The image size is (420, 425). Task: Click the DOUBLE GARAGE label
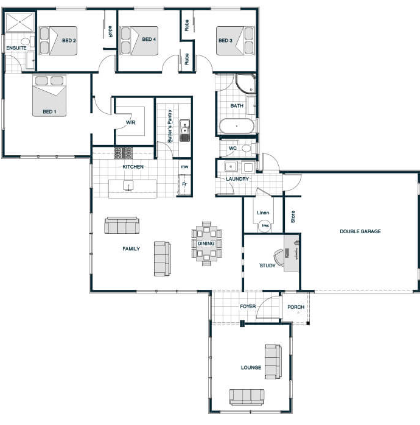(x=360, y=231)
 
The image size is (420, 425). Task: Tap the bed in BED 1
(x=49, y=96)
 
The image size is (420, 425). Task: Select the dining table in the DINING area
(x=206, y=243)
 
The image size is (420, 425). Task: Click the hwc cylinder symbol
(x=265, y=225)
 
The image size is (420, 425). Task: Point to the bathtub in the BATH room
(x=237, y=126)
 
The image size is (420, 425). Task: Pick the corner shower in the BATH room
(x=246, y=83)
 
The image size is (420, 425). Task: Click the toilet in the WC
(x=248, y=148)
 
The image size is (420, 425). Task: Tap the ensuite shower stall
(x=19, y=22)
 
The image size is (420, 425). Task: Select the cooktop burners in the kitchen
(x=124, y=153)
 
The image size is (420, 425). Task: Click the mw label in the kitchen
(x=184, y=166)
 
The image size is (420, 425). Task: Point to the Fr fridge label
(x=184, y=184)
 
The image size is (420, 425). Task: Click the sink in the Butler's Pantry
(x=185, y=130)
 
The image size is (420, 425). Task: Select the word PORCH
(x=296, y=307)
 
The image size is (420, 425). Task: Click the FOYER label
(x=248, y=306)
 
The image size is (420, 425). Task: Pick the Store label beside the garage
(x=293, y=217)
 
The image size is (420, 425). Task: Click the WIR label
(x=131, y=122)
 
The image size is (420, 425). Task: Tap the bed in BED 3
(x=235, y=41)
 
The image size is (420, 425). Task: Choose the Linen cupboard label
(x=263, y=212)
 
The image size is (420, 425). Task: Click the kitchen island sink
(x=128, y=186)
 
